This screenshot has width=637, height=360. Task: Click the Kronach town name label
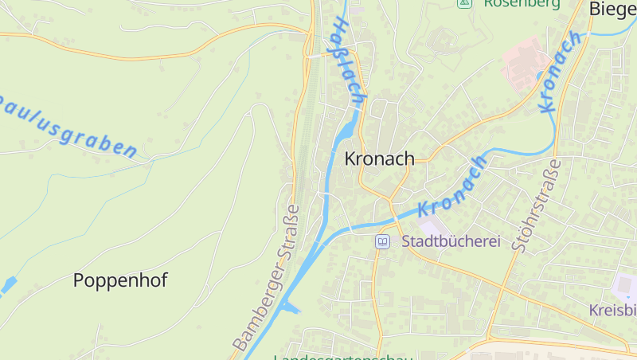click(x=379, y=158)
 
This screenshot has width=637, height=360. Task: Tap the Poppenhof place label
click(x=120, y=280)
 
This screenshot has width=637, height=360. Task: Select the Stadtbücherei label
click(x=451, y=241)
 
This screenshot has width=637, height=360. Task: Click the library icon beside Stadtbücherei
click(x=383, y=241)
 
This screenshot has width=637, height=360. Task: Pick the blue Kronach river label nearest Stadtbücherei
click(x=452, y=186)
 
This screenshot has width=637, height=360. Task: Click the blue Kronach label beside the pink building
click(x=560, y=72)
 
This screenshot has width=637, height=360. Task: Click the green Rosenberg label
click(x=522, y=4)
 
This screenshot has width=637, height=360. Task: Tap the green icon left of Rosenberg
click(x=463, y=3)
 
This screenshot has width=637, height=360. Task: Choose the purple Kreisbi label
click(x=613, y=309)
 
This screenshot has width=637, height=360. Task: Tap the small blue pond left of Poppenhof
click(x=7, y=284)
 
